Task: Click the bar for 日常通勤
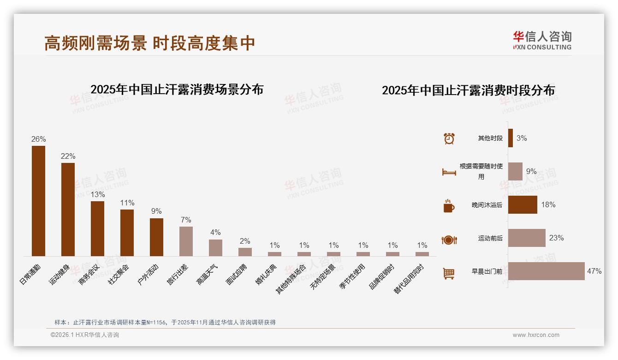(38, 201)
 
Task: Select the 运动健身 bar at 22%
(68, 209)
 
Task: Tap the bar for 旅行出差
(186, 241)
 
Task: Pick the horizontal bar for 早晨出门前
(546, 271)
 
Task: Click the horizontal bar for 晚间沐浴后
(523, 204)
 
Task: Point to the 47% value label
(594, 271)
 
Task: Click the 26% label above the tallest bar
(38, 139)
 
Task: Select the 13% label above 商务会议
(97, 194)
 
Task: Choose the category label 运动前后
(490, 238)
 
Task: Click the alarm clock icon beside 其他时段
(449, 138)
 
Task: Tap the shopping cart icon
(449, 273)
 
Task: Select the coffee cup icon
(449, 206)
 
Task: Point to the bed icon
(449, 172)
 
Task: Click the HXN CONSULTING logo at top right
(542, 41)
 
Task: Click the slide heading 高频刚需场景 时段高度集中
(149, 43)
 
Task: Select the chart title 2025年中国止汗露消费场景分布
(177, 89)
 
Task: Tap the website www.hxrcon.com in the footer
(536, 335)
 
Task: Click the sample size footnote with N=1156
(165, 322)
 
